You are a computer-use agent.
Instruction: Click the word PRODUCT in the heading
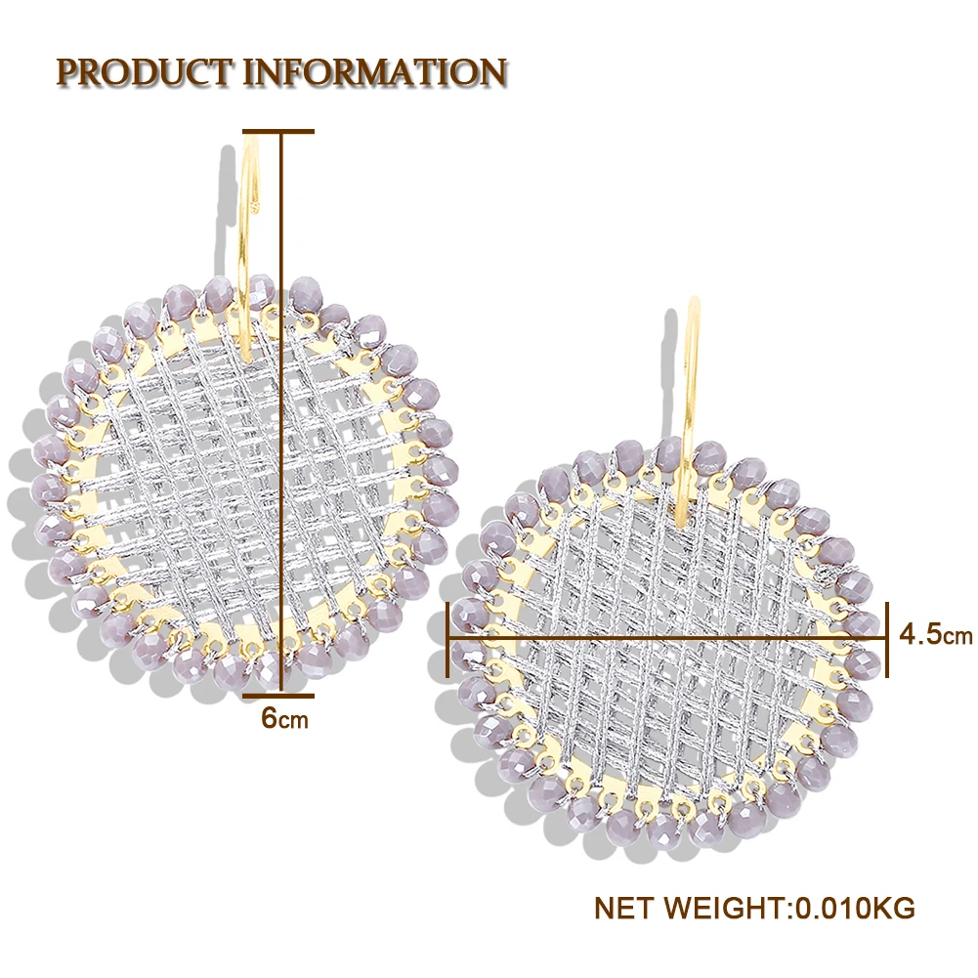pos(144,71)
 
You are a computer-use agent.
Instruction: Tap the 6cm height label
pos(284,719)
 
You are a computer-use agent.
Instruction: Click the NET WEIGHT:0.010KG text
pos(754,908)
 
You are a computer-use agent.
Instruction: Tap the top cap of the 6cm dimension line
pos(278,130)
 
